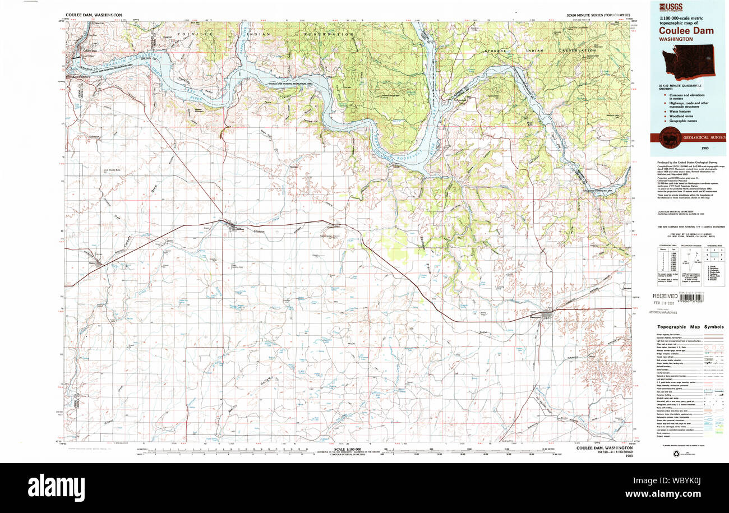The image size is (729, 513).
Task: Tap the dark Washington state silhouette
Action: coord(696,62)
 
